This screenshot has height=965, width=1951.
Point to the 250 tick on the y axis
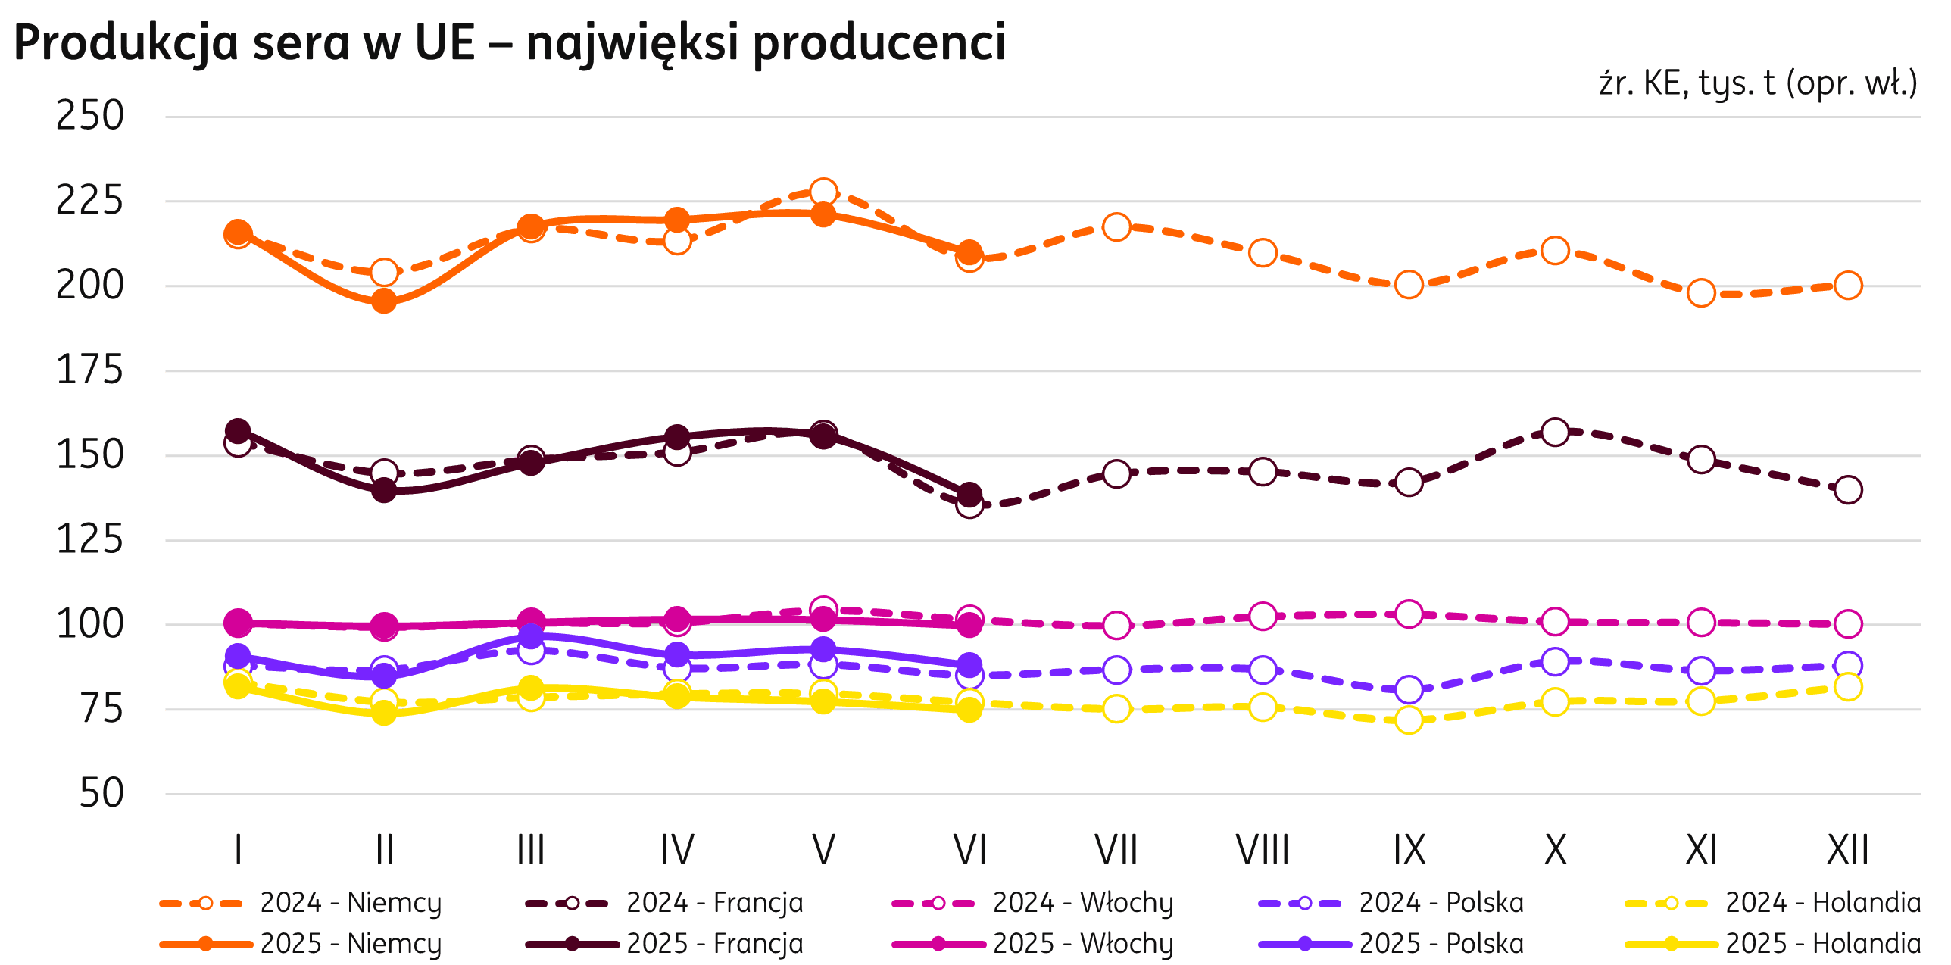pyautogui.click(x=89, y=117)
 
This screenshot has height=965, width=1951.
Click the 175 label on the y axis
pyautogui.click(x=89, y=371)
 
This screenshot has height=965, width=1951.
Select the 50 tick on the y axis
pyautogui.click(x=101, y=794)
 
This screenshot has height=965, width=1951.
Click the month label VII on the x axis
pyautogui.click(x=1116, y=850)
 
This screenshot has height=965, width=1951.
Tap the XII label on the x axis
pyautogui.click(x=1848, y=850)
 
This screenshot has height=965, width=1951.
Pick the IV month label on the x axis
pyautogui.click(x=677, y=850)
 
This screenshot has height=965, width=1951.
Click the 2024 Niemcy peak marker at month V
pyautogui.click(x=823, y=192)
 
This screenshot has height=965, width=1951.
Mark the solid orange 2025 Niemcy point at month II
pyautogui.click(x=384, y=301)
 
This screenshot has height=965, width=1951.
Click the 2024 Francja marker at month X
pyautogui.click(x=1555, y=432)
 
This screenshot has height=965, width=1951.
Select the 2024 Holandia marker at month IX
pyautogui.click(x=1409, y=720)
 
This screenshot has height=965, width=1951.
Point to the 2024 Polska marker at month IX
pyautogui.click(x=1409, y=690)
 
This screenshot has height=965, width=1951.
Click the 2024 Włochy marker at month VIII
pyautogui.click(x=1263, y=616)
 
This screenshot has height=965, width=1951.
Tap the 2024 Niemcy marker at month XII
pyautogui.click(x=1848, y=286)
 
